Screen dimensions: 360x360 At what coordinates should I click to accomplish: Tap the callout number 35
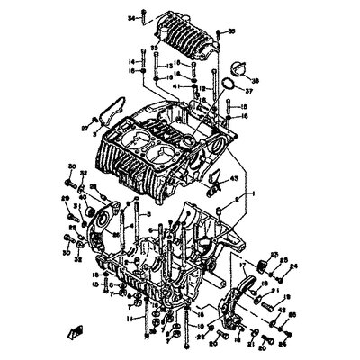tap(230, 31)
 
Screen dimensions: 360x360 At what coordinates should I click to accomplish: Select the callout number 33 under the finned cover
tap(154, 49)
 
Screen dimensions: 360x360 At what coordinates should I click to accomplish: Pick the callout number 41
tap(177, 85)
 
